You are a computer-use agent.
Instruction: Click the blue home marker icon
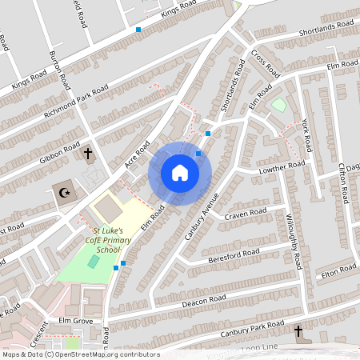(x=180, y=173)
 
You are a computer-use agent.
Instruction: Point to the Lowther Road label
(x=282, y=168)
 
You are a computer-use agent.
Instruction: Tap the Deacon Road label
(x=206, y=301)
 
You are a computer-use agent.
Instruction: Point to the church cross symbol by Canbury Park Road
(x=298, y=331)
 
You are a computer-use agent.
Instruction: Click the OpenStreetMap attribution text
(x=80, y=354)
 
